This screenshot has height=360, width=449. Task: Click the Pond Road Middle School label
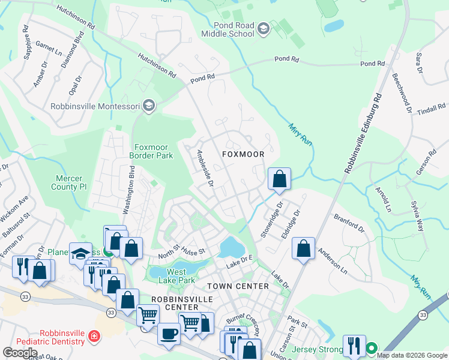pos(234,29)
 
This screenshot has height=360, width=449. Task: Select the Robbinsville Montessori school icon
pos(149,106)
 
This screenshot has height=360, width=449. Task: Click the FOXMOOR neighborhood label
pos(243,154)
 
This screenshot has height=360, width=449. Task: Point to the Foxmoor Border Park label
pos(151,151)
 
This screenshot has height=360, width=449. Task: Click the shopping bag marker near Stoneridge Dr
pos(279,179)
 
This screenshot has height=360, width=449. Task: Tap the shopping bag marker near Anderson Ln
pos(304,248)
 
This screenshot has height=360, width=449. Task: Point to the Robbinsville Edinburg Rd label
pos(363,133)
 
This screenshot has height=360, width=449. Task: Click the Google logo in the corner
pos(20,352)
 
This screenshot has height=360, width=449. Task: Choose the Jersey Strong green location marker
pos(372,347)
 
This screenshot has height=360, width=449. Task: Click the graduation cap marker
pos(80,253)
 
